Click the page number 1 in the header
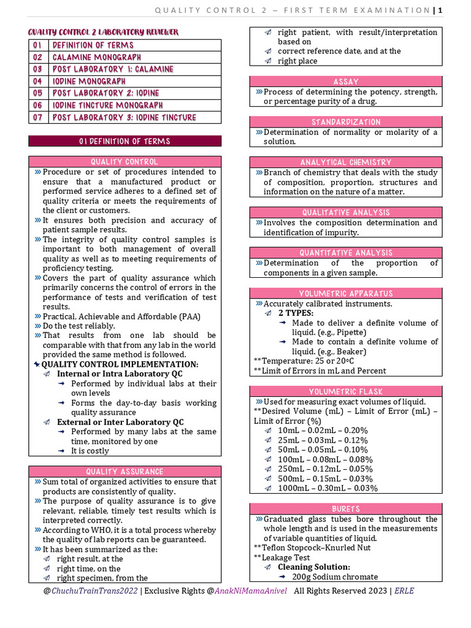(x=440, y=10)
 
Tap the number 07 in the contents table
(x=38, y=117)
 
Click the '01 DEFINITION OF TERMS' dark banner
(x=124, y=141)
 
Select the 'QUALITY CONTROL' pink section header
(x=124, y=162)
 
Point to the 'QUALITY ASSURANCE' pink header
(x=124, y=472)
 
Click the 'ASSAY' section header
(x=346, y=82)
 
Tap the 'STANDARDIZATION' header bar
(x=346, y=122)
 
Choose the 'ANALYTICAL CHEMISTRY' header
(x=346, y=163)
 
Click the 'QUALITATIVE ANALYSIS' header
(x=346, y=212)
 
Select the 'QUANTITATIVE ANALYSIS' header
(x=346, y=253)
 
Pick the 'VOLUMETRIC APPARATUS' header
(x=346, y=293)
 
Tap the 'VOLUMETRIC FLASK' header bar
(x=346, y=392)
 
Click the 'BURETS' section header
(x=346, y=509)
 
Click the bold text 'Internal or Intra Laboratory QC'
(x=120, y=373)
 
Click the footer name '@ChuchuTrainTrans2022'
(x=91, y=591)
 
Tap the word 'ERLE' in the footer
(x=404, y=591)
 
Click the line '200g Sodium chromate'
(x=335, y=577)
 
